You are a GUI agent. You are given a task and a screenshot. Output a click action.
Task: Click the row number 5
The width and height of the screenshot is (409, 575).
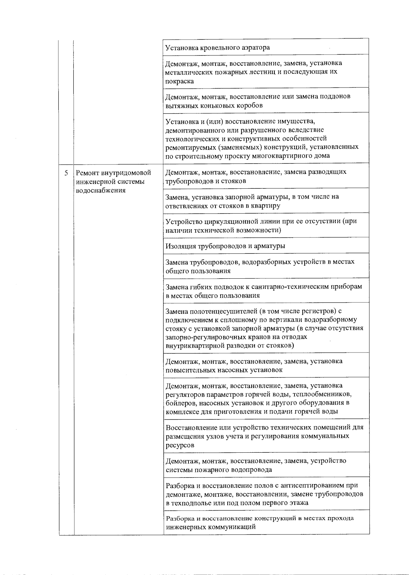[66, 173]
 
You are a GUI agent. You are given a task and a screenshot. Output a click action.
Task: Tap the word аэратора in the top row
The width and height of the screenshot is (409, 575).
[254, 47]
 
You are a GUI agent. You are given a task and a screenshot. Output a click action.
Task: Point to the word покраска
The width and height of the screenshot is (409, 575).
[180, 81]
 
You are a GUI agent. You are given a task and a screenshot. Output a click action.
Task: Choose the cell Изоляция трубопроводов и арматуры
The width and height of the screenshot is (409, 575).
[225, 246]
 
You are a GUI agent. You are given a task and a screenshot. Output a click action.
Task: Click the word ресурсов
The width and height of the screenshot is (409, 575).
[180, 445]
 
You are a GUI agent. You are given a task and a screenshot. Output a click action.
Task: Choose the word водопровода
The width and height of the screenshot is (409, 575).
[253, 470]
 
